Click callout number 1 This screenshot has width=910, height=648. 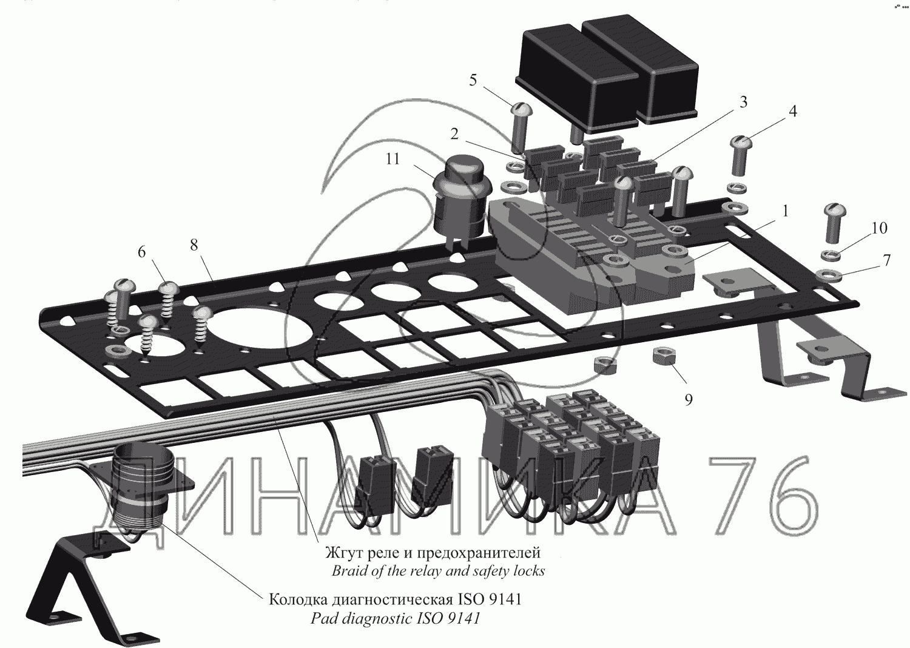pos(785,212)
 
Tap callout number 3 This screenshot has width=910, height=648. pos(743,102)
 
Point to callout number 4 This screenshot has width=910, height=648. pos(792,112)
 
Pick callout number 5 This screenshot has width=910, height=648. pos(473,80)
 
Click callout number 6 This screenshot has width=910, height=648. pos(141,252)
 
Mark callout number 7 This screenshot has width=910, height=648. pos(886,261)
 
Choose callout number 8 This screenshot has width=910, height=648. pos(194,245)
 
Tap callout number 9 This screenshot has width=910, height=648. pos(688,400)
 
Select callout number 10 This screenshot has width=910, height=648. pos(879,228)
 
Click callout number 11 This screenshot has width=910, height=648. pos(393,159)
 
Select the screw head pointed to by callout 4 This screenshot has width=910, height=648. pos(743,144)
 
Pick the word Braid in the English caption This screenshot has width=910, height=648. pos(349,571)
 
